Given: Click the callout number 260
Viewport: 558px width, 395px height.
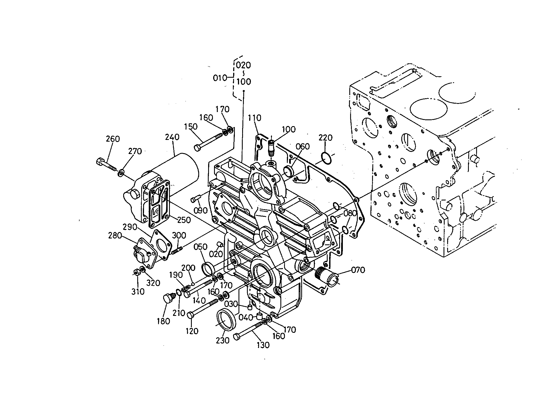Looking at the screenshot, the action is pyautogui.click(x=113, y=139).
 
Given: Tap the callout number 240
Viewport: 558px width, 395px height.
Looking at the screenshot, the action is pyautogui.click(x=172, y=137).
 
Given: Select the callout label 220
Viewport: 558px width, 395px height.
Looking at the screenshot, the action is pyautogui.click(x=326, y=137).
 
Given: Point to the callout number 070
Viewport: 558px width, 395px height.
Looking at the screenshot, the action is pyautogui.click(x=358, y=270).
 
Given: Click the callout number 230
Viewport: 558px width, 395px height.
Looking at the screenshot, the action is pyautogui.click(x=223, y=340).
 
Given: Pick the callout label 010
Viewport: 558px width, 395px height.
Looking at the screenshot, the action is pyautogui.click(x=220, y=78).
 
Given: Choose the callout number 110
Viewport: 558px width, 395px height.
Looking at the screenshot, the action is pyautogui.click(x=255, y=118).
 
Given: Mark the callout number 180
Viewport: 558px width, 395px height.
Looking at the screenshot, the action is pyautogui.click(x=163, y=321).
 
